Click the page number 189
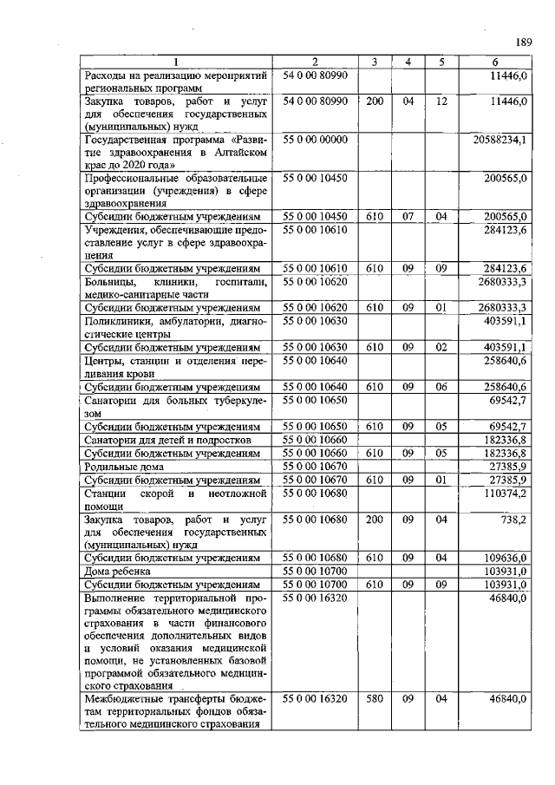[522, 42]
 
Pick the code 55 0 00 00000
[314, 139]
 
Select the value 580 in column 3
[374, 697]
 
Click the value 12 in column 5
[441, 101]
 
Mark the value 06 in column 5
[441, 385]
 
